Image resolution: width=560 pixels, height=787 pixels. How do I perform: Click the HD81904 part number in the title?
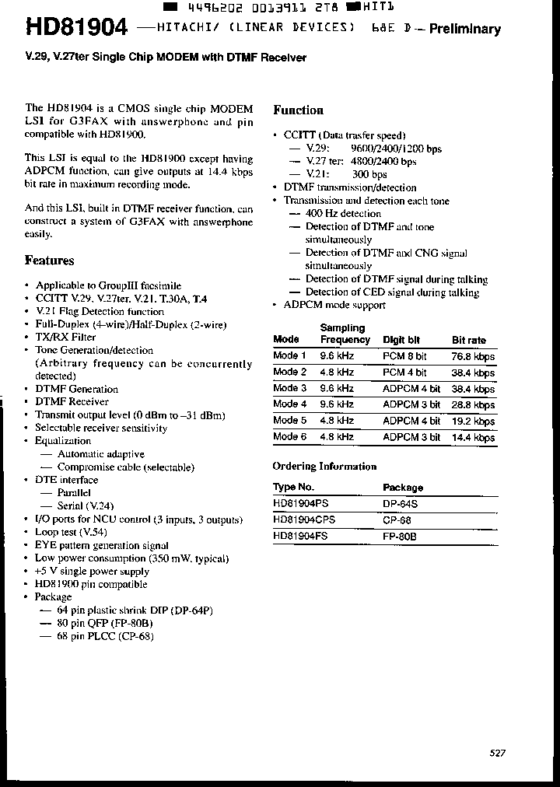coord(76,28)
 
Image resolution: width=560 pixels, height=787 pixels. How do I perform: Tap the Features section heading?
coord(50,261)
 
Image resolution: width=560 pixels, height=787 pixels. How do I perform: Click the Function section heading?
coord(298,110)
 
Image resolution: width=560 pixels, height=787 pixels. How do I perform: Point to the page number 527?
coord(499,753)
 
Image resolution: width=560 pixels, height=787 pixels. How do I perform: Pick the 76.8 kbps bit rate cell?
coord(473,356)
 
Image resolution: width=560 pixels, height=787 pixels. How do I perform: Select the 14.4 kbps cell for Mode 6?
coord(473,437)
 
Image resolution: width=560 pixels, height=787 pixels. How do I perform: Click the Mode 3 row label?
coord(290,388)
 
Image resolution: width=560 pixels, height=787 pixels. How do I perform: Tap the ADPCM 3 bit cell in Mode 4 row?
coord(411,404)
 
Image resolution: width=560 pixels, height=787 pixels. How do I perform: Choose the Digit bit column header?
coord(401,340)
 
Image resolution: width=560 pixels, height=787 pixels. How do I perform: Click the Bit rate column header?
coord(469,340)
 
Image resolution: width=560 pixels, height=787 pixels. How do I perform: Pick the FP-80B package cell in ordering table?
coord(400,536)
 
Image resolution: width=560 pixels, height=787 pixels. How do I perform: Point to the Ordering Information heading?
coord(324,467)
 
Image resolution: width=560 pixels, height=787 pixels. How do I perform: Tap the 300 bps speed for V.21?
coord(369,174)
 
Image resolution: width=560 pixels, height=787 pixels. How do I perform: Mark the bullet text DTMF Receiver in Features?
coord(72,402)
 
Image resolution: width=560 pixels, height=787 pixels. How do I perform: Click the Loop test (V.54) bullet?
coord(71,532)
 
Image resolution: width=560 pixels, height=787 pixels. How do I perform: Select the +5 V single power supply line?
coord(91,571)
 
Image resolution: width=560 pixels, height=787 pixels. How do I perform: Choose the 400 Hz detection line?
coord(343,213)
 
